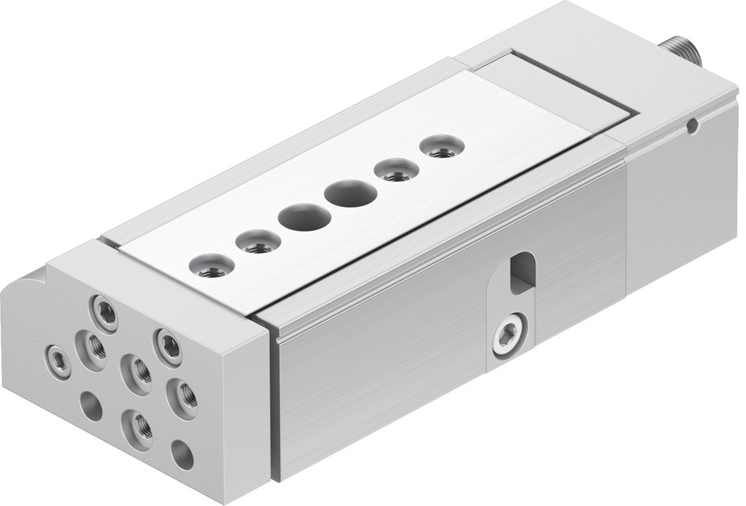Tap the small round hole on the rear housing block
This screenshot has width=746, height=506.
[x=692, y=126]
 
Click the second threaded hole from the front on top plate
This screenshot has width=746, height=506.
[x=258, y=242]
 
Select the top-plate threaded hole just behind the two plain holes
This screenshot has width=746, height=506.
[x=396, y=171]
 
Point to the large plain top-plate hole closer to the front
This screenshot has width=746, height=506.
[x=304, y=218]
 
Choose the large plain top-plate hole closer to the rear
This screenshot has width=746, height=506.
[x=351, y=194]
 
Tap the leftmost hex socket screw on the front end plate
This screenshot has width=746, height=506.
[x=57, y=361]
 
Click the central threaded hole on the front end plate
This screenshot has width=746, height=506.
[x=137, y=370]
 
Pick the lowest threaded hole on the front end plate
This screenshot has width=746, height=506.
[x=137, y=427]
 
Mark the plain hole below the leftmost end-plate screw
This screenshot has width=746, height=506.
[x=90, y=407]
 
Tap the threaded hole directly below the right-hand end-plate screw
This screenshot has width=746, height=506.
[x=181, y=396]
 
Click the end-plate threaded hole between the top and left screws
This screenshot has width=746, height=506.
[x=94, y=345]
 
